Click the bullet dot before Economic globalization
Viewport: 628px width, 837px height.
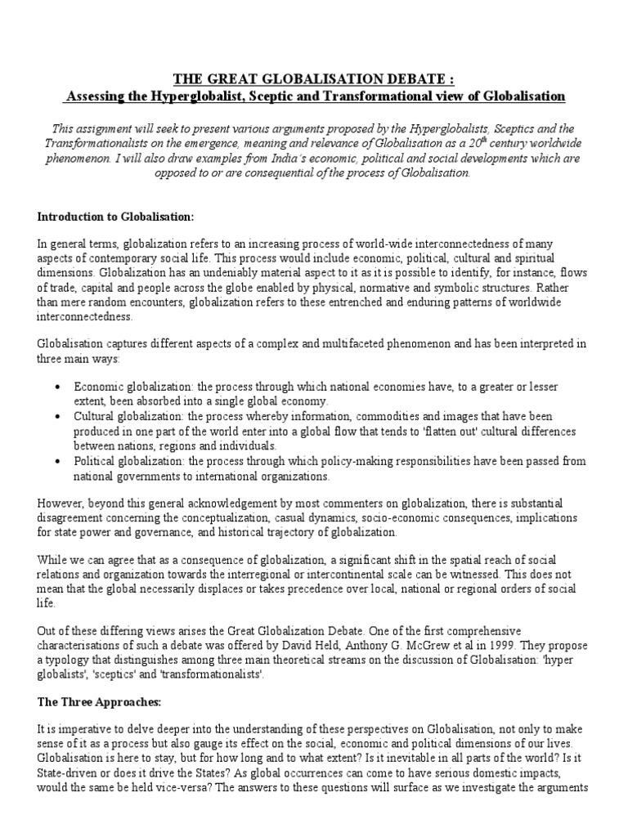[x=56, y=387]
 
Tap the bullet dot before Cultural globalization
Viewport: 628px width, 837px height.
[x=56, y=417]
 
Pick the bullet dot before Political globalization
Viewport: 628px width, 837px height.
[x=56, y=462]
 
